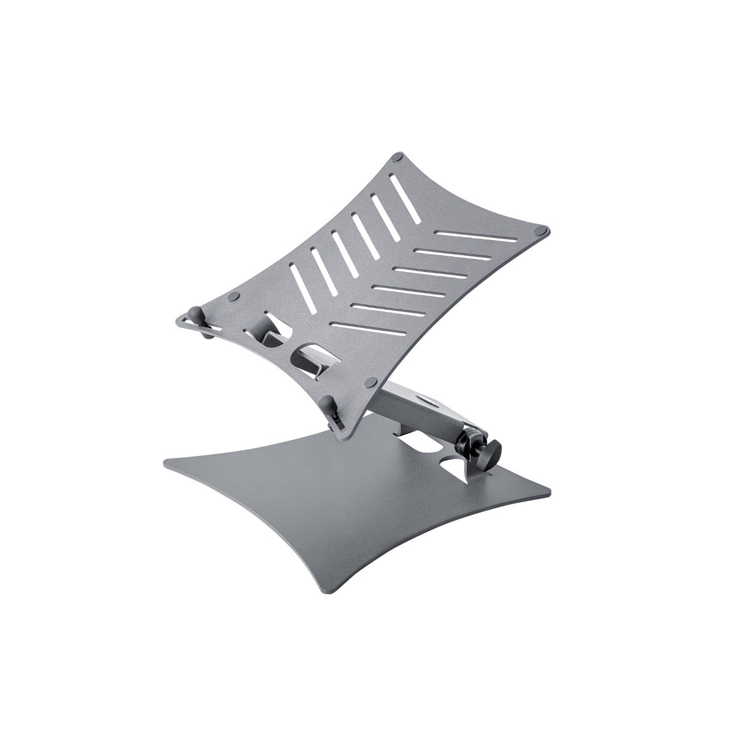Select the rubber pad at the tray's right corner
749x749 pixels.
(x=542, y=230)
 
